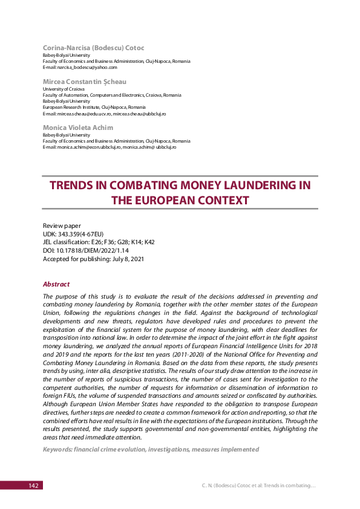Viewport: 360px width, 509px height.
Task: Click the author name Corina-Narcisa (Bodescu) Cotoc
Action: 93,47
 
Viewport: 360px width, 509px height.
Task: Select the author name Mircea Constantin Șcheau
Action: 85,81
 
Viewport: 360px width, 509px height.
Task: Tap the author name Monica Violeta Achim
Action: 78,128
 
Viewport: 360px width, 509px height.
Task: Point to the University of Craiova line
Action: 64,89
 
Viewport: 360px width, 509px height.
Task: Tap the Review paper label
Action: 62,225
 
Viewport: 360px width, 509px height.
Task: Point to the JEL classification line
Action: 99,242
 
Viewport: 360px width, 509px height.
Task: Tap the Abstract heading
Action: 56,284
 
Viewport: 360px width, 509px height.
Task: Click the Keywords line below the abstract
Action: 151,449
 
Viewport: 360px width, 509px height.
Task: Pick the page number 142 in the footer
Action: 34,485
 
